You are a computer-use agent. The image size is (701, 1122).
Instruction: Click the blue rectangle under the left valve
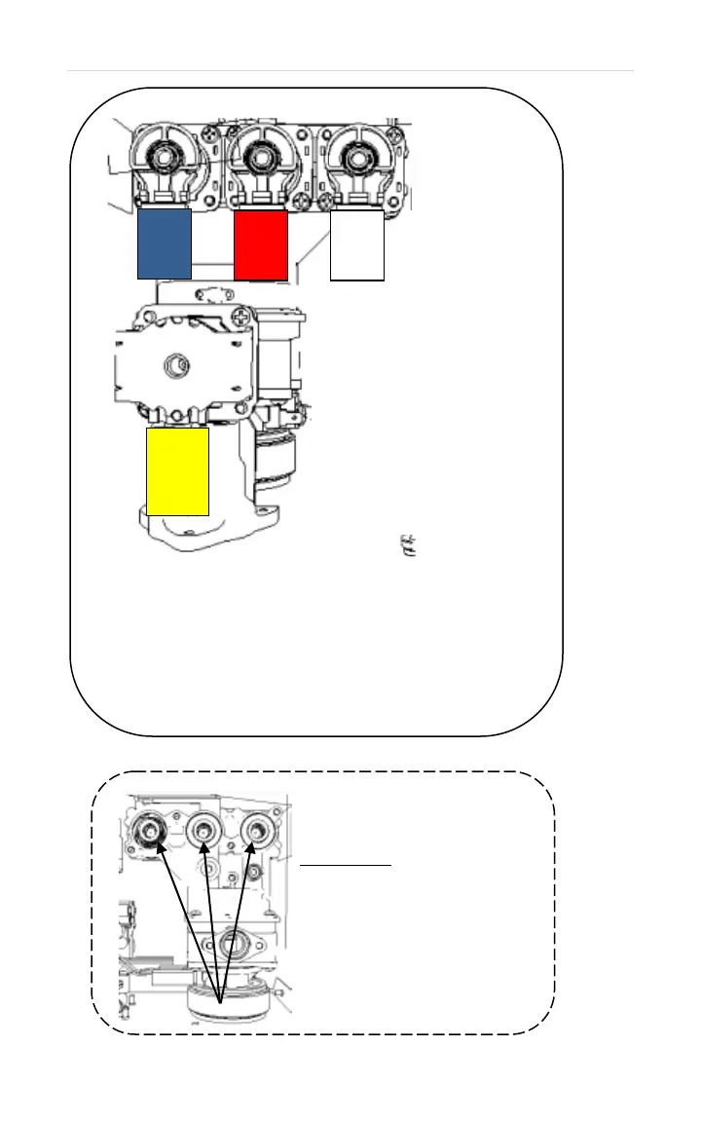[164, 243]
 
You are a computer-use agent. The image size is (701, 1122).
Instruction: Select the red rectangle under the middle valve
[262, 243]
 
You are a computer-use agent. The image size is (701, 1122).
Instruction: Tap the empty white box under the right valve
[357, 244]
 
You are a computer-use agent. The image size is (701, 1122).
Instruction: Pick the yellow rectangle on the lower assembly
[177, 470]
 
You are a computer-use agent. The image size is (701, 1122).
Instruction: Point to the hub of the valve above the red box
[262, 153]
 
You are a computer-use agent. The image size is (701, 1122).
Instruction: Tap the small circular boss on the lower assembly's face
[179, 365]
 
